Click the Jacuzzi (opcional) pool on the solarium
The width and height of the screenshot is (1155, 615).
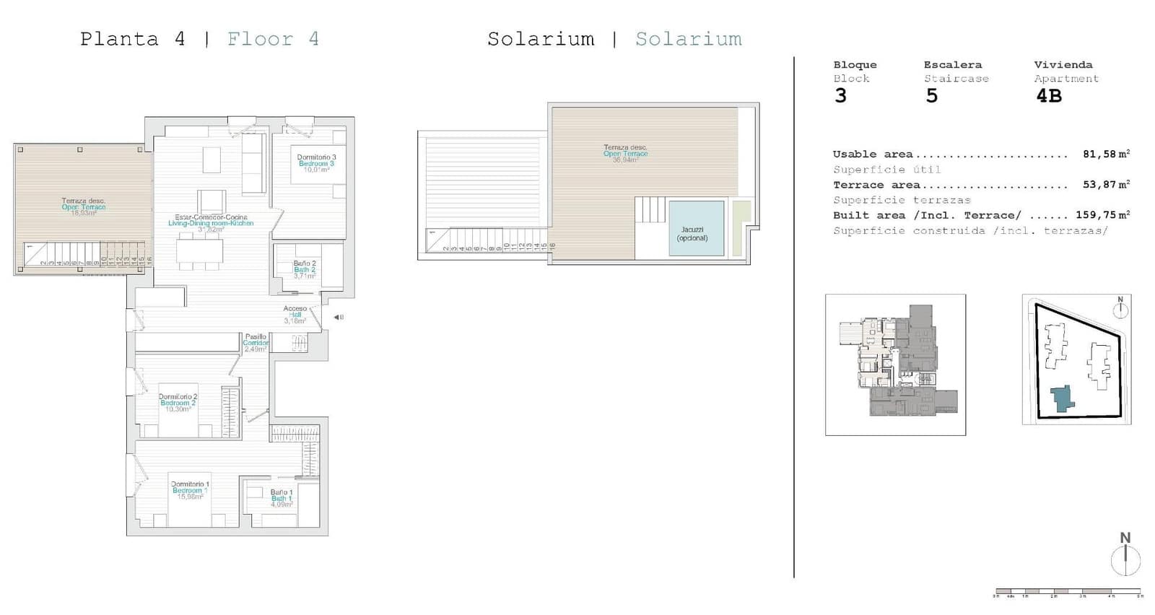(x=696, y=228)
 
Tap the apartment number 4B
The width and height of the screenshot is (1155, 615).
(x=1049, y=96)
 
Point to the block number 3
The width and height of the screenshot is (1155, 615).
(x=840, y=96)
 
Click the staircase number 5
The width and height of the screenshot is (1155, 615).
(x=932, y=96)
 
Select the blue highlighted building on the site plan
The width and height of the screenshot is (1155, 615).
(x=1061, y=398)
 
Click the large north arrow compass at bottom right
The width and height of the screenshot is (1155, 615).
(x=1125, y=557)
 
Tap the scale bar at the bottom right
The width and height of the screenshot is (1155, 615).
(x=1068, y=591)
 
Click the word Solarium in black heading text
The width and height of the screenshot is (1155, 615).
(x=541, y=39)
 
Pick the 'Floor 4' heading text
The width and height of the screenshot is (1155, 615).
(x=273, y=39)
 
